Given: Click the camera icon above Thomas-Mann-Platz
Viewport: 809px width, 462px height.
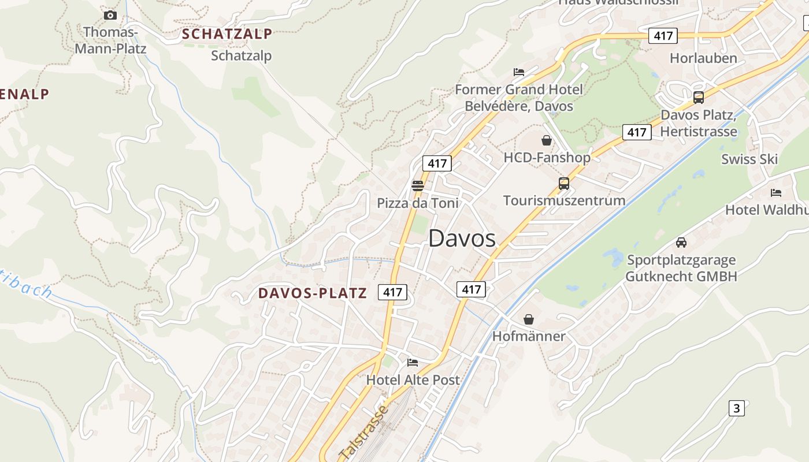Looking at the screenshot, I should [x=110, y=15].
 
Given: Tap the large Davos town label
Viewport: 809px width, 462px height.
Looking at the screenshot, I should [x=462, y=238].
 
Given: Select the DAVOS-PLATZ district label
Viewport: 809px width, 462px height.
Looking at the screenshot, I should [x=313, y=293].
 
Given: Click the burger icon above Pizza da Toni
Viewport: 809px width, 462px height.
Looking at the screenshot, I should [x=417, y=186].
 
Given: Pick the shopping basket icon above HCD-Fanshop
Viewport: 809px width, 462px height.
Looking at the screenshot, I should [x=546, y=140].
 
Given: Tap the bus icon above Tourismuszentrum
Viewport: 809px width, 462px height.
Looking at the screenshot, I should [x=564, y=184].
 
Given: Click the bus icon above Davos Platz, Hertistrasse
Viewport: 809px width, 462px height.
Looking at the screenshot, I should [x=698, y=97].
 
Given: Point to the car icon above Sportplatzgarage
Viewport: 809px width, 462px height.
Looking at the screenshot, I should [x=681, y=243].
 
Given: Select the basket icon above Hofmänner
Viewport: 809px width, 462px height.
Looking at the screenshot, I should [x=528, y=319].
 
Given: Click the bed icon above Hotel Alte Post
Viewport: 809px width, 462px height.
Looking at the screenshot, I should [x=412, y=362].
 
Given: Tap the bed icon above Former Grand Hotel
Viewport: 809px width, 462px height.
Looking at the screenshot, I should [x=519, y=72].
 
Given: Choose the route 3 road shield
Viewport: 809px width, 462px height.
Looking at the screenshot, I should [x=736, y=408].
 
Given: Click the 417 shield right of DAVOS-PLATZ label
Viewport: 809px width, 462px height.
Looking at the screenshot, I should [x=392, y=292].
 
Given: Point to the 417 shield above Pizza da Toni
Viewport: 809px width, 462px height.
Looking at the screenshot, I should [x=437, y=163].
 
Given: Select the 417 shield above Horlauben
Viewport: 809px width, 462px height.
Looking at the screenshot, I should [x=662, y=36].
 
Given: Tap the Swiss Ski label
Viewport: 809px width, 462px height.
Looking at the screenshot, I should [x=749, y=159].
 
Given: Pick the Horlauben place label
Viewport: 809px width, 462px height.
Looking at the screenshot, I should [x=703, y=58].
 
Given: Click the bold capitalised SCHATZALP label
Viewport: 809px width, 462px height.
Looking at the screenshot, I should [x=227, y=34].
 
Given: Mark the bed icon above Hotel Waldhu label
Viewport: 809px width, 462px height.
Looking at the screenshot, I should [x=776, y=192].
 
